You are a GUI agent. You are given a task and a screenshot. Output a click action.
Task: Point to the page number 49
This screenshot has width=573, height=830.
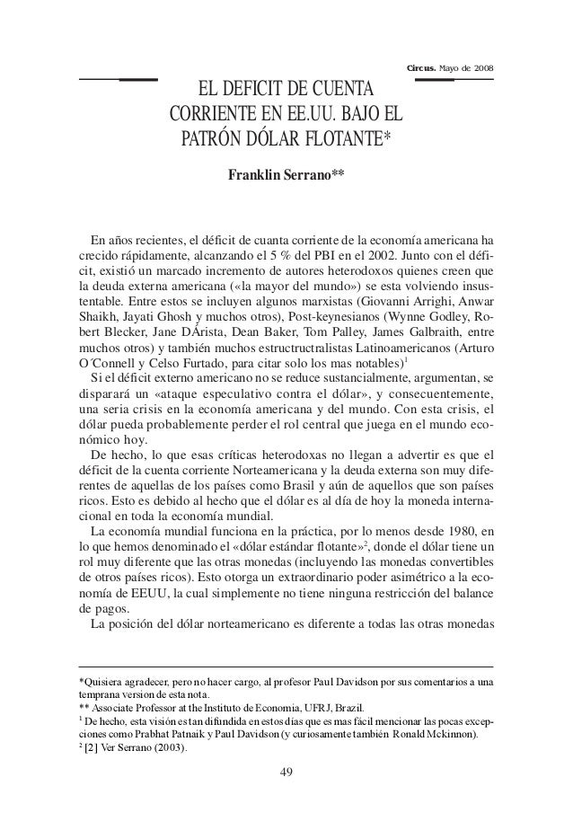point(286,771)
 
